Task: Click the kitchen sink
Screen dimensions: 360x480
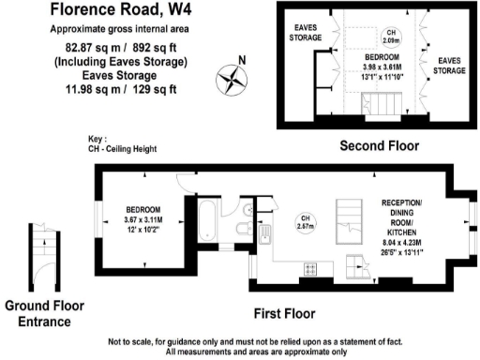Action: coord(266,236)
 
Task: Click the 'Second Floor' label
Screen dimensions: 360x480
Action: coord(379,145)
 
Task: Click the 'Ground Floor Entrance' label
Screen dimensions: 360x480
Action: coord(44,313)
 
